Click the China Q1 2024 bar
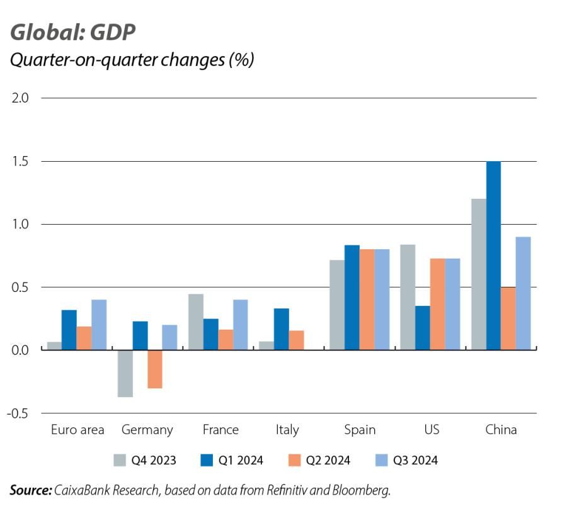click(x=493, y=255)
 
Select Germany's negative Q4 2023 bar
click(x=125, y=374)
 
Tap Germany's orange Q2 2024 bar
click(x=155, y=369)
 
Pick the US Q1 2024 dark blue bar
click(x=423, y=328)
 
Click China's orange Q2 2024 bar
click(x=508, y=318)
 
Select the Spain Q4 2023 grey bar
click(x=337, y=305)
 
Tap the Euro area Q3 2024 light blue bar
click(x=99, y=325)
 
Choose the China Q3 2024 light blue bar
click(x=524, y=293)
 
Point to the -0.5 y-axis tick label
click(x=17, y=413)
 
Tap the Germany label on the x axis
click(x=147, y=430)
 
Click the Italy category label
click(x=287, y=430)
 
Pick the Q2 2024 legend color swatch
click(x=295, y=461)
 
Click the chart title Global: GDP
click(x=72, y=32)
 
